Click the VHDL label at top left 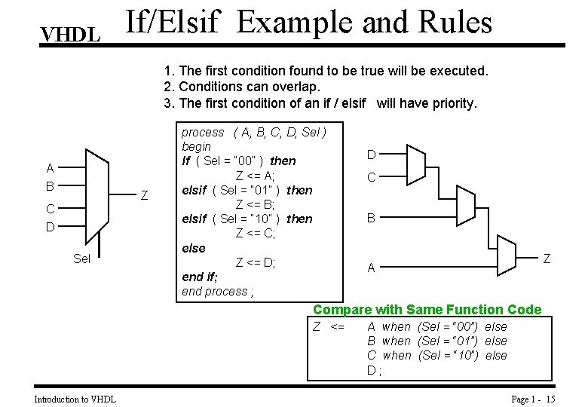click(71, 35)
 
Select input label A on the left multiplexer click(50, 169)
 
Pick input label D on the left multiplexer click(50, 227)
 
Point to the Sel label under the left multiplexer click(82, 259)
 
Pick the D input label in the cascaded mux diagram click(371, 155)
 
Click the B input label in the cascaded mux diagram click(371, 219)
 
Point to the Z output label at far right click(547, 259)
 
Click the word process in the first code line click(203, 132)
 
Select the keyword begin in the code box click(196, 146)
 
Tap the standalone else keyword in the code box click(194, 248)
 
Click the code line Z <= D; click(256, 262)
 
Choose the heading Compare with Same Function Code click(427, 310)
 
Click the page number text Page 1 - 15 click(533, 399)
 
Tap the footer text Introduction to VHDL click(75, 399)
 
